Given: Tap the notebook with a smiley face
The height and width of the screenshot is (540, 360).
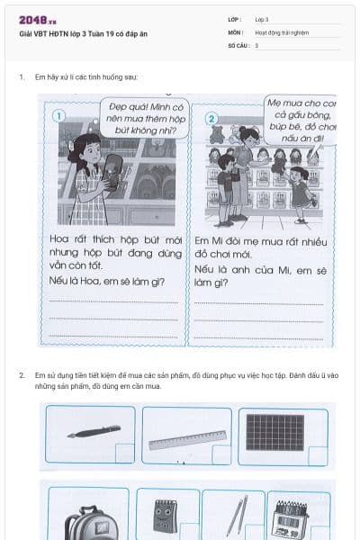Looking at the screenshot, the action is pos(165,518).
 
